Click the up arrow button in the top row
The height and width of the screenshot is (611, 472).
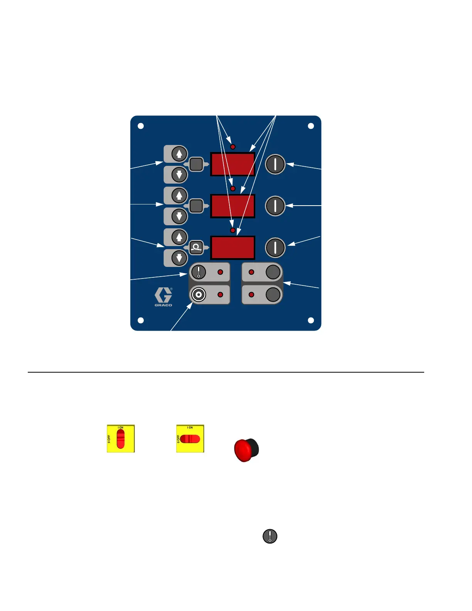[x=179, y=154]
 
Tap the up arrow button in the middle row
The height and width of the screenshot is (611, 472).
[x=179, y=196]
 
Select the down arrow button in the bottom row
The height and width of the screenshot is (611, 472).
[x=179, y=257]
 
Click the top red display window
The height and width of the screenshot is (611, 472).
[x=233, y=164]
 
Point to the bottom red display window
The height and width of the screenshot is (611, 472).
[x=233, y=248]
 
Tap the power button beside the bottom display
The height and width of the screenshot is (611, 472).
[x=275, y=247]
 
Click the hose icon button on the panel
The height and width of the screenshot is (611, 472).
[x=196, y=247]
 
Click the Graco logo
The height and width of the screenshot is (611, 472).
[x=164, y=297]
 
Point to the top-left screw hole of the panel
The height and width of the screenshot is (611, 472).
[x=141, y=126]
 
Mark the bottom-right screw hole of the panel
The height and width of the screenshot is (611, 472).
[x=311, y=320]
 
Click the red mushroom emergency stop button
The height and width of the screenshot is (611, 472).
[x=246, y=450]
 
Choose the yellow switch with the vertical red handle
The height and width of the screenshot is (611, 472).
[x=121, y=439]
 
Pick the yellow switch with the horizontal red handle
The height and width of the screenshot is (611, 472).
[x=190, y=439]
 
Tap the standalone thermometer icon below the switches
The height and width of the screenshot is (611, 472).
[x=270, y=536]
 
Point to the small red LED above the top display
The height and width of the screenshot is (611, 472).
[x=233, y=147]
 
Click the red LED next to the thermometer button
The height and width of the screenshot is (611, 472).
[x=220, y=272]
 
